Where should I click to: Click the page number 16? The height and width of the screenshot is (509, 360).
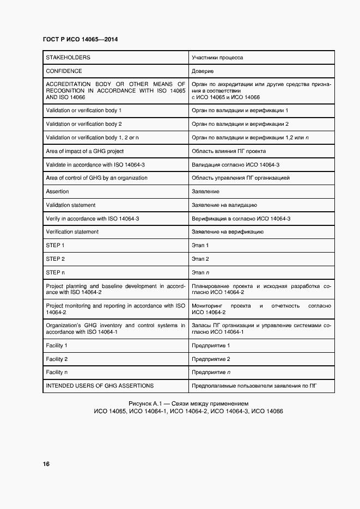click(46, 464)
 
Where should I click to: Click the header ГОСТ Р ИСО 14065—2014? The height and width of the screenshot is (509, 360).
click(80, 40)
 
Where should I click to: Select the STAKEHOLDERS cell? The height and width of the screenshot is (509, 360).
click(68, 57)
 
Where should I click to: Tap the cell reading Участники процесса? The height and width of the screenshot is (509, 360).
click(217, 57)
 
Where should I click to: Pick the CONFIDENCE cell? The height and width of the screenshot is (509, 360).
click(64, 71)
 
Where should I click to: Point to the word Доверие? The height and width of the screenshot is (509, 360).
click(203, 71)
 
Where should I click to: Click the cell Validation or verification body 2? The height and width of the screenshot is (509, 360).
click(84, 124)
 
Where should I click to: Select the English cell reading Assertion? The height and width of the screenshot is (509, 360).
click(58, 192)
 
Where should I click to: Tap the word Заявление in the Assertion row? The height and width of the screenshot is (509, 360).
click(205, 192)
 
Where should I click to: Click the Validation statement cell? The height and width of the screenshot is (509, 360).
click(71, 205)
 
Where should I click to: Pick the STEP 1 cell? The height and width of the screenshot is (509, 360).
click(56, 246)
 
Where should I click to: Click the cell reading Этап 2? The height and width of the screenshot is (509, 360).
click(200, 259)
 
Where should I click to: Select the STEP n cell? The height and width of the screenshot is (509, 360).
click(56, 272)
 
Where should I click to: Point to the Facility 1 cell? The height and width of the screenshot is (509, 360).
click(57, 346)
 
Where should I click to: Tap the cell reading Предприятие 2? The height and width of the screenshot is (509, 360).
click(211, 359)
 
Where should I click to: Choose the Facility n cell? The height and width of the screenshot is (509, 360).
click(57, 372)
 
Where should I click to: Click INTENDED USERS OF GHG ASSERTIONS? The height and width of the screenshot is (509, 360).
click(100, 386)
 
